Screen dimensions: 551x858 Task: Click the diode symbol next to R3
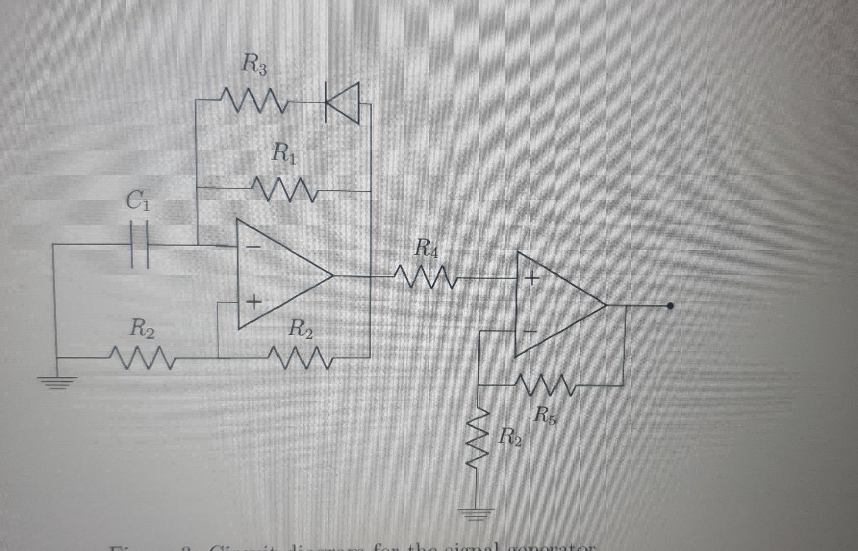click(343, 104)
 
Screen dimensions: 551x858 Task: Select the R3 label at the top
click(254, 66)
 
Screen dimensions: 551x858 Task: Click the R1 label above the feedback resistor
click(284, 153)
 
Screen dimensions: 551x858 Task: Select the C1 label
click(138, 202)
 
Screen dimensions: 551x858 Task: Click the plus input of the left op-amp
click(254, 303)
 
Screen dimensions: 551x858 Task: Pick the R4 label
click(426, 248)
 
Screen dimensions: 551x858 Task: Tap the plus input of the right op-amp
click(532, 279)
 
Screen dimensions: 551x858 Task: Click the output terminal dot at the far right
click(670, 306)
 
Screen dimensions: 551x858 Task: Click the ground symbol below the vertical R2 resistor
click(478, 512)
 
